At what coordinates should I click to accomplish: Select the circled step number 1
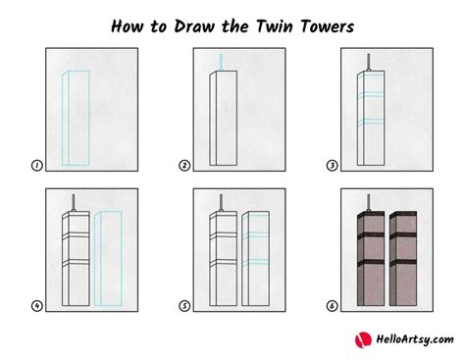point(36,167)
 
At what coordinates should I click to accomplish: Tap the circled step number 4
point(36,306)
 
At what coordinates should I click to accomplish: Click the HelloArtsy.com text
point(409,339)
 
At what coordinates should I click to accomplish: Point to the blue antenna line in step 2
point(222,61)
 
